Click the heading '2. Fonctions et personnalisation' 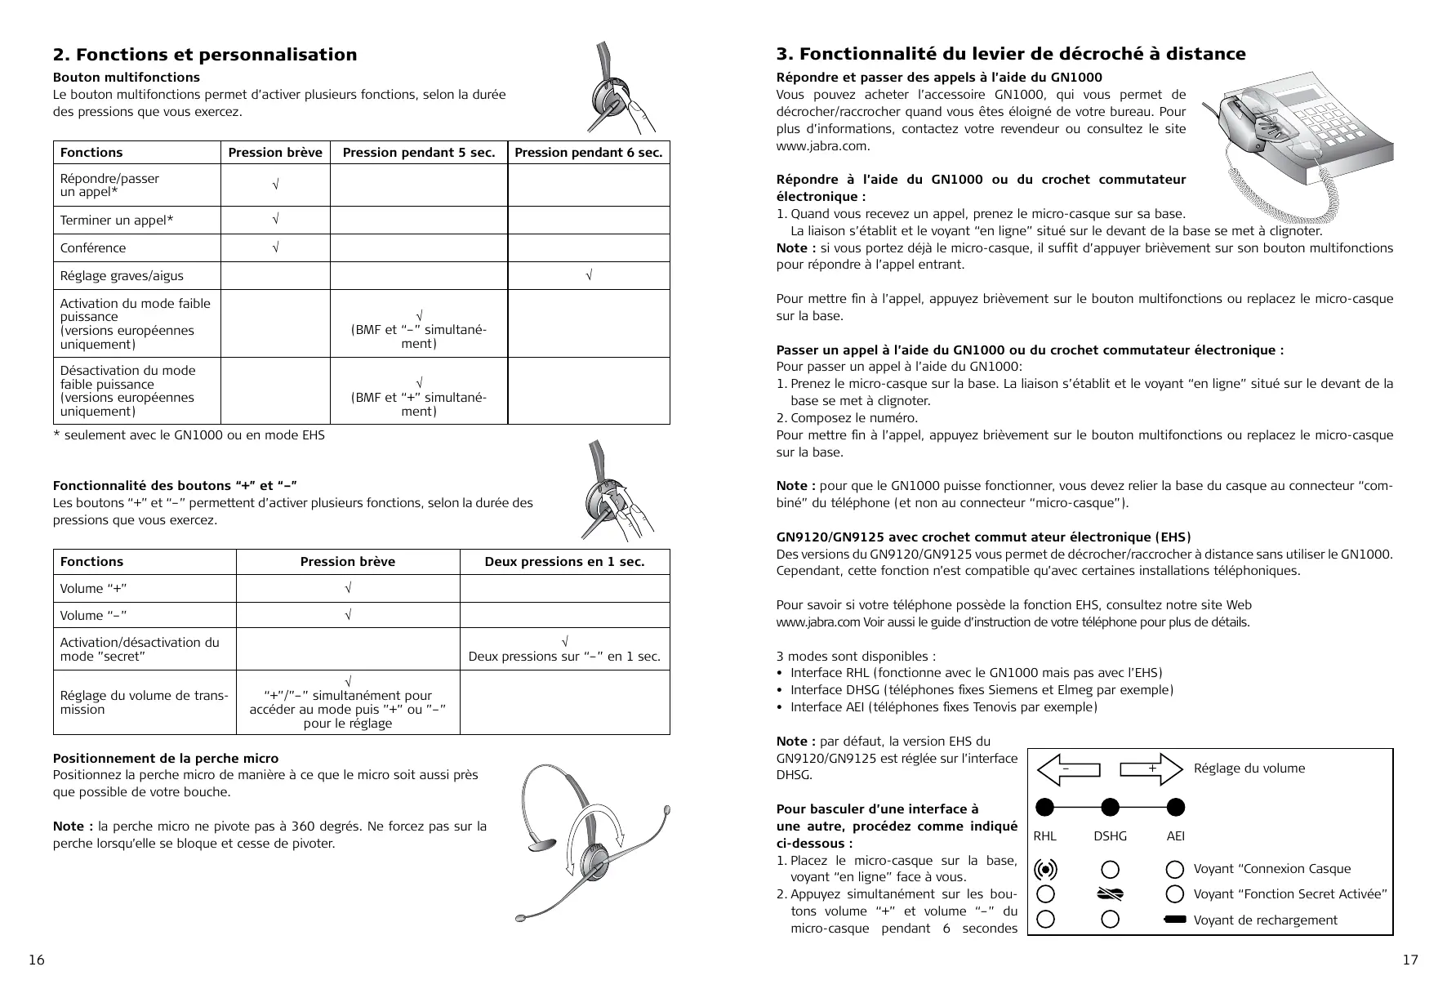point(205,55)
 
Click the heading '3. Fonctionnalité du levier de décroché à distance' point(1010,54)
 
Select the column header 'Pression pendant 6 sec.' point(588,153)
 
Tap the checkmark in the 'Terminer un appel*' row point(275,220)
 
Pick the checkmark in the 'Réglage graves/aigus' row point(588,276)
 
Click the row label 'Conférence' point(93,248)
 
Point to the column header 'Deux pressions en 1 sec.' point(564,562)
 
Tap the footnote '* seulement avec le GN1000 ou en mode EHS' point(189,435)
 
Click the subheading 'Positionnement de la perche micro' point(166,759)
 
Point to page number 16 point(37,960)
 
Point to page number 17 point(1410,960)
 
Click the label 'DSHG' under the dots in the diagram point(1110,836)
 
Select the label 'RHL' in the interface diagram point(1044,836)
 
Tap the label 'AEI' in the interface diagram point(1175,836)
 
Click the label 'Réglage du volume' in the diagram point(1249,768)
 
